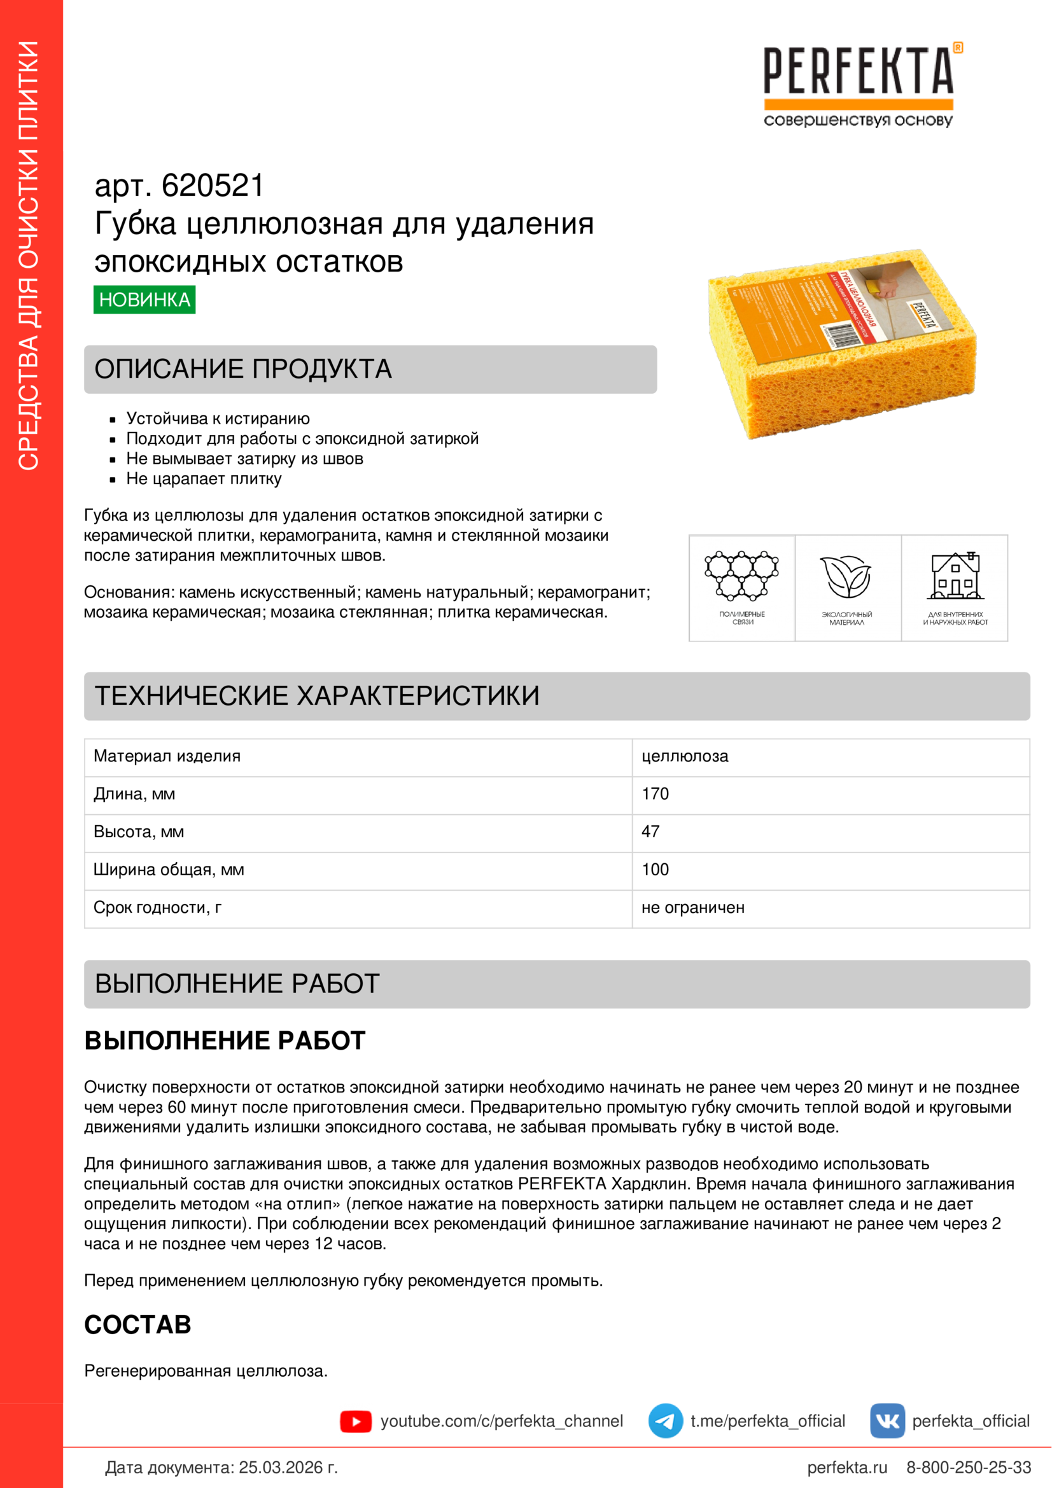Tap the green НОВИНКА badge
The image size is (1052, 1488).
(144, 300)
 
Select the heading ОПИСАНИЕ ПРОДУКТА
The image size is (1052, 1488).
(243, 370)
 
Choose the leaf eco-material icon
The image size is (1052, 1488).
(846, 577)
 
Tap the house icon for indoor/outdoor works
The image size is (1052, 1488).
(955, 576)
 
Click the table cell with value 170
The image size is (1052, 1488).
(656, 794)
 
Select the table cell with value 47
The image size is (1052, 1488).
(651, 831)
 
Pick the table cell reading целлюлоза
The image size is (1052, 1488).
(685, 756)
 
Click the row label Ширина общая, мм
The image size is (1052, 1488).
(169, 870)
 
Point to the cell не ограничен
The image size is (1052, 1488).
(693, 907)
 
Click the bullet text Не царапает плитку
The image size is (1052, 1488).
(204, 479)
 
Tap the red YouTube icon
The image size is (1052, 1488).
(356, 1421)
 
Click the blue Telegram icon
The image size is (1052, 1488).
(665, 1421)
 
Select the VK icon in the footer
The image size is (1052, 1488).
(887, 1421)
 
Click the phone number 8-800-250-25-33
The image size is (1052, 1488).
(969, 1467)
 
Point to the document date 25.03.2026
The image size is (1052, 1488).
(288, 1467)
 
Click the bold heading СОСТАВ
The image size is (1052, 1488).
(138, 1325)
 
